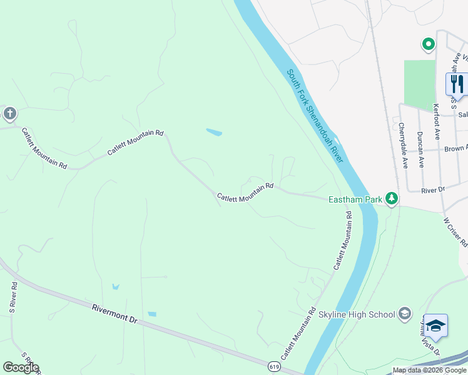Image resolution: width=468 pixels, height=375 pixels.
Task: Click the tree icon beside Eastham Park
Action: tap(392, 199)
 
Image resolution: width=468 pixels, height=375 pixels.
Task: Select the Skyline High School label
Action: tap(357, 314)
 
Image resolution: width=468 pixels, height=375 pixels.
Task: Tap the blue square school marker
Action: tap(435, 326)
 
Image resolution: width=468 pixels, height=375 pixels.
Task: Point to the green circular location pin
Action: tap(429, 44)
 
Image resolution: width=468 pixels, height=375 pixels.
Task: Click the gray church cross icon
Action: tap(9, 114)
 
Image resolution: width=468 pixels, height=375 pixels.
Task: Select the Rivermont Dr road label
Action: tap(114, 313)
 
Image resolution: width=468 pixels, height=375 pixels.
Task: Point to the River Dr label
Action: tap(432, 189)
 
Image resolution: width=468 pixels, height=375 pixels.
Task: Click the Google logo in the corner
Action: tap(21, 367)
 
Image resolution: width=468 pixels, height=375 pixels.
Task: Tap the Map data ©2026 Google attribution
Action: tap(429, 370)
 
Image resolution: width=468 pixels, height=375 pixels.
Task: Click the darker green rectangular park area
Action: tap(419, 85)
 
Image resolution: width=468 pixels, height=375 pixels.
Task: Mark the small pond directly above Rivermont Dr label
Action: tap(115, 286)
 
